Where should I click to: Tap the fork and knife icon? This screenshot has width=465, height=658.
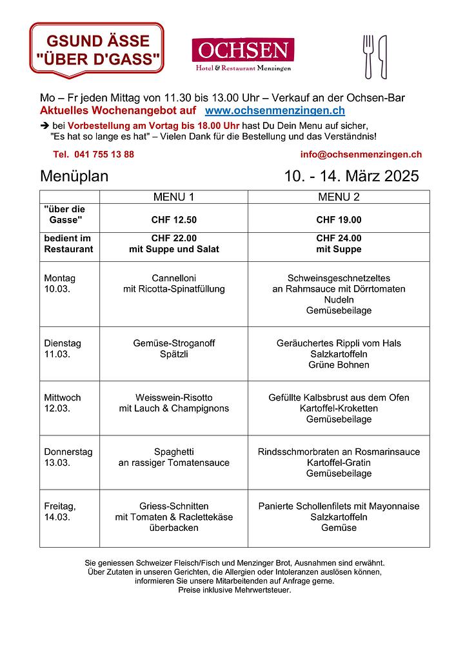tap(375, 56)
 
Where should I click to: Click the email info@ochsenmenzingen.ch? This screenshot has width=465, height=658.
tap(361, 154)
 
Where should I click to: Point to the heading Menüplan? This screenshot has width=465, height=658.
tap(74, 176)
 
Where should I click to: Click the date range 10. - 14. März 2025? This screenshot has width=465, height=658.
tap(351, 176)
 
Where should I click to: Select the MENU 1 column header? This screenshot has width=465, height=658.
tap(173, 197)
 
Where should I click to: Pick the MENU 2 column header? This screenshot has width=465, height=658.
tap(339, 197)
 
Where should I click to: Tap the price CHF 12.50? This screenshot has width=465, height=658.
tap(173, 219)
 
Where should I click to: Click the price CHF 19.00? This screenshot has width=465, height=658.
tap(339, 219)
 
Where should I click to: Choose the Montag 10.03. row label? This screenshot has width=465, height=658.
tap(59, 283)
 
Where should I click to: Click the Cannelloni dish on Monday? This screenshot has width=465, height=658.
tap(173, 283)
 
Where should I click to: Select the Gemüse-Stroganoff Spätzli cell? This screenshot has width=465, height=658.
tap(173, 348)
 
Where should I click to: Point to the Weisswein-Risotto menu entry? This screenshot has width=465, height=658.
tap(173, 403)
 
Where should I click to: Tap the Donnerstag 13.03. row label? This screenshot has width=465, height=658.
tap(68, 457)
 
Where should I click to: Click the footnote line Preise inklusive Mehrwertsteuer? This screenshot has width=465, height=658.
tap(234, 590)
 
